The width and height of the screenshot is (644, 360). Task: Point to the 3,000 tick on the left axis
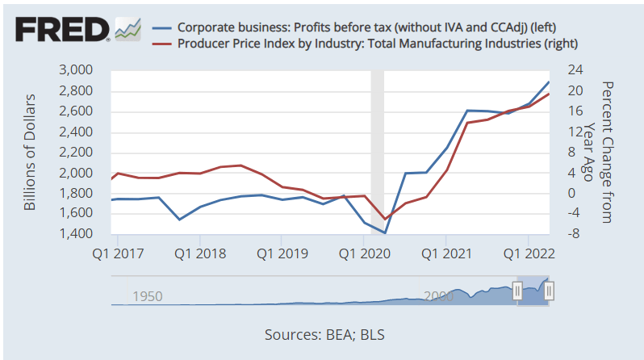77,70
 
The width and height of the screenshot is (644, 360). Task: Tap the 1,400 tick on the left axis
77,234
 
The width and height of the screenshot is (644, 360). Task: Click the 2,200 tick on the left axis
77,153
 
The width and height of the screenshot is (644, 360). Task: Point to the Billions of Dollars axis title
31,153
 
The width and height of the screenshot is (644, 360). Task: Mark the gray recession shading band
377,153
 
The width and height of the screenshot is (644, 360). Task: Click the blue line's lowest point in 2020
386,232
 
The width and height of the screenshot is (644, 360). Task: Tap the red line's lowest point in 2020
386,219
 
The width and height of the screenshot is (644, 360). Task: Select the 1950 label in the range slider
148,296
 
